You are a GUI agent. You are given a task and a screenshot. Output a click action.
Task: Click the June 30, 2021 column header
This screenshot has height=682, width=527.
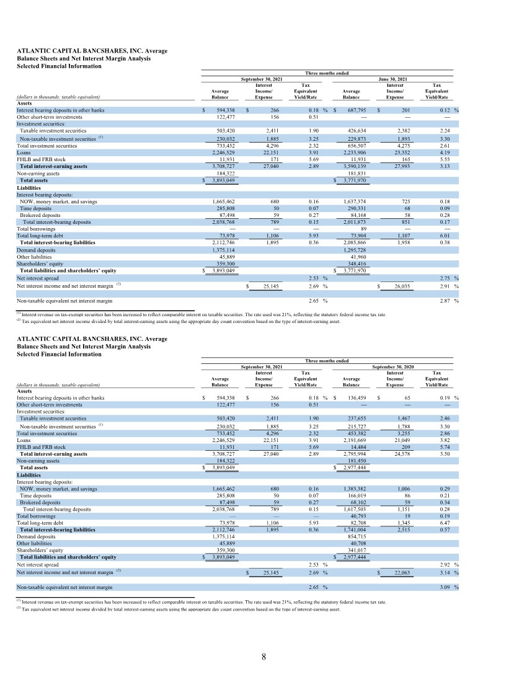(392, 79)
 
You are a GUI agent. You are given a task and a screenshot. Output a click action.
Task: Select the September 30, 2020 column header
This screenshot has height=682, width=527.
(392, 367)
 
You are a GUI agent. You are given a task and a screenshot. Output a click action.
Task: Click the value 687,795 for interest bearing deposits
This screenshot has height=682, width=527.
(356, 110)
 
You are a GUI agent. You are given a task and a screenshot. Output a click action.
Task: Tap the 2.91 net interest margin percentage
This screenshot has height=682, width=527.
(444, 286)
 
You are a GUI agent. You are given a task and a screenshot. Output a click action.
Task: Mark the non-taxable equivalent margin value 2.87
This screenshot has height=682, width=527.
(444, 301)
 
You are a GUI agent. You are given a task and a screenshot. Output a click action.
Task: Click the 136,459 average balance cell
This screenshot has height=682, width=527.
(356, 397)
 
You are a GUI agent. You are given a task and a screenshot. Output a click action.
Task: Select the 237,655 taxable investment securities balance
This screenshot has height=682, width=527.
(356, 418)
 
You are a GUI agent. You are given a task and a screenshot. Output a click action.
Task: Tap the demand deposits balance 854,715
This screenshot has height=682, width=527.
(356, 536)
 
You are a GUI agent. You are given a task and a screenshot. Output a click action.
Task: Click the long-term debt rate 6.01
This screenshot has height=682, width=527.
(444, 236)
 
